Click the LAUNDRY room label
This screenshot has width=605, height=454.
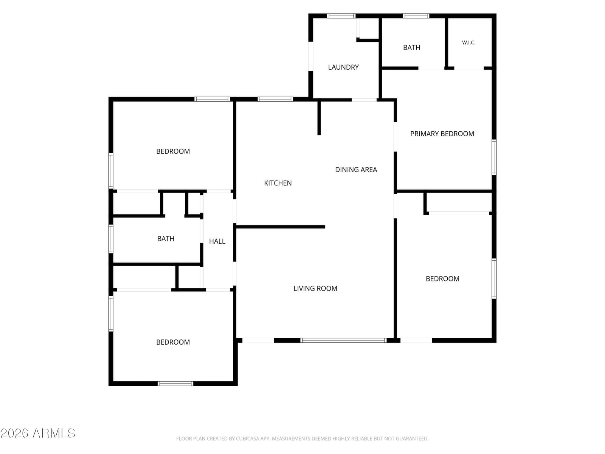343,67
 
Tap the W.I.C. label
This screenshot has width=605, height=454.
468,42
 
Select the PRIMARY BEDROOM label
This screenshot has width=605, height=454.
442,134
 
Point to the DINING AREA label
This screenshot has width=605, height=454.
356,169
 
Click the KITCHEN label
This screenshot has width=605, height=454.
278,183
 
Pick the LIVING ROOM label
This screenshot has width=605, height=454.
315,288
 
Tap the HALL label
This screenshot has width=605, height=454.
217,241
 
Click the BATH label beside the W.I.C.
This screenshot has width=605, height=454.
411,47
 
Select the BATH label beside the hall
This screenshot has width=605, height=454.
166,238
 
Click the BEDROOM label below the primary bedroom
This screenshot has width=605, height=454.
442,279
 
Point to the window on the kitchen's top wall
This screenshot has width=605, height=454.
275,99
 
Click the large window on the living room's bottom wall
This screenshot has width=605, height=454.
343,340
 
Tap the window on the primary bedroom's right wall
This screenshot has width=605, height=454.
494,157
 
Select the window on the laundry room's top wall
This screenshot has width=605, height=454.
341,16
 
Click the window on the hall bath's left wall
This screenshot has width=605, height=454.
111,239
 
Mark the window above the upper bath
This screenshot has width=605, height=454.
416,16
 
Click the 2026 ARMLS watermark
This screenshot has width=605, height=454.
38,433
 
